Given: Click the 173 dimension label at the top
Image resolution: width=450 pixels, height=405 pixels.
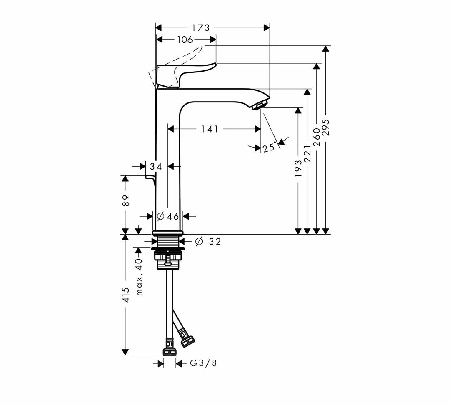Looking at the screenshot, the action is coord(201,28).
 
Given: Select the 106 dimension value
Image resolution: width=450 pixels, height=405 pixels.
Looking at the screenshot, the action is coord(185,40).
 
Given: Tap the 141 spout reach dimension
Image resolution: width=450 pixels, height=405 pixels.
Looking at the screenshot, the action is coord(210,129).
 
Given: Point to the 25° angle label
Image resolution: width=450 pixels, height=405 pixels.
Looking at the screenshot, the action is coord(271,147).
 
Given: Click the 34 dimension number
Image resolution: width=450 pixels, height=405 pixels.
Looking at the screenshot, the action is coord(156,166).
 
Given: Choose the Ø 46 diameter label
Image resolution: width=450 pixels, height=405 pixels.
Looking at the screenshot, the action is coord(168,216).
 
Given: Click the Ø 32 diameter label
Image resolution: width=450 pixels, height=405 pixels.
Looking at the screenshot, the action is coord(208,242).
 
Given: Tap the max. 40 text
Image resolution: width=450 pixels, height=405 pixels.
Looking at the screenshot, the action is coord(139,277).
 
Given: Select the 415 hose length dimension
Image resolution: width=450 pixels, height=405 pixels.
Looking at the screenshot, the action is coord(126,294).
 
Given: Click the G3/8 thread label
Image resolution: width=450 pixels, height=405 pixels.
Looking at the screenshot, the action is coord(203,363).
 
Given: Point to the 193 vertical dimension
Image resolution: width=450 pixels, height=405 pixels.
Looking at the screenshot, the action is coord(298,168).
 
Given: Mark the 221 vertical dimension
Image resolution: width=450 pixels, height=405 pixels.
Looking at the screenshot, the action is coord(307,153).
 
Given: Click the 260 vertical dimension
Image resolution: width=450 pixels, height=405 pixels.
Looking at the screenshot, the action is coord(316,137).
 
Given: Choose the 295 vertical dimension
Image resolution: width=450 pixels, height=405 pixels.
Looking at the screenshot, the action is coord(325,127).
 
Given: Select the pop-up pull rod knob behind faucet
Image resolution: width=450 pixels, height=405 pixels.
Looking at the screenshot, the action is coord(150,177).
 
